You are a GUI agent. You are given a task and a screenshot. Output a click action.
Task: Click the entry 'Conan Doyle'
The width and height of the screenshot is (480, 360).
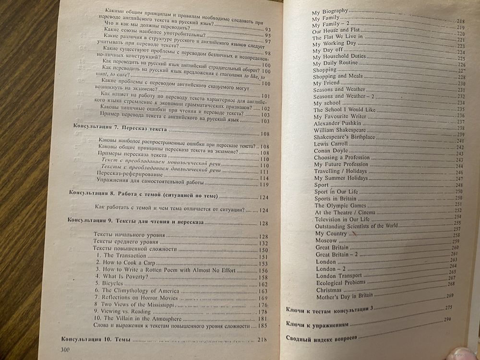point(329,150)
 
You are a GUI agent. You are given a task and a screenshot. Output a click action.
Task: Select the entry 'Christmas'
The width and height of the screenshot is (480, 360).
point(329,290)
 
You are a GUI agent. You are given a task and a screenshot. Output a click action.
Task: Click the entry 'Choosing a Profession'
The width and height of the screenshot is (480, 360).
point(342,157)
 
